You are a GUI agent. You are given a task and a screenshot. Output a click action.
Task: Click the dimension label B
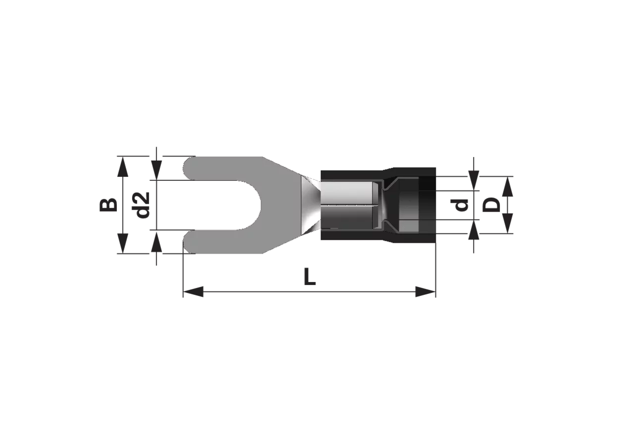pos(108,205)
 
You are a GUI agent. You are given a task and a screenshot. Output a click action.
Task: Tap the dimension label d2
pos(142,205)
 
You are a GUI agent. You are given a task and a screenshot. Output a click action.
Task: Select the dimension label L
pos(310,277)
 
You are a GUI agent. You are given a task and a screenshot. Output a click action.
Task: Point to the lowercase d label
pos(461,205)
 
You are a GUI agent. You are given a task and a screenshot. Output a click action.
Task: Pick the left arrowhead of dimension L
pos(193,292)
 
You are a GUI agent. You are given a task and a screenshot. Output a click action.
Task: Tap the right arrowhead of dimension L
pos(425,292)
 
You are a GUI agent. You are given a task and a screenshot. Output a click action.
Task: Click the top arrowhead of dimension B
pos(122,167)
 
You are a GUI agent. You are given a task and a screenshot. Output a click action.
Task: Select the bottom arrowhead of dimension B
pos(122,243)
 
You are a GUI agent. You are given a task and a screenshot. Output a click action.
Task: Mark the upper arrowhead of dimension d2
pos(157,170)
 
